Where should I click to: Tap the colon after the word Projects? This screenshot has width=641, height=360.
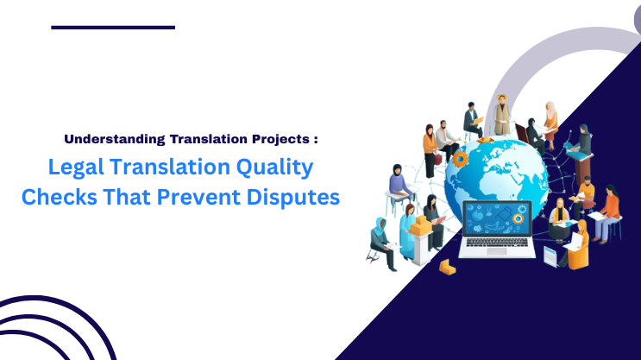[317, 139]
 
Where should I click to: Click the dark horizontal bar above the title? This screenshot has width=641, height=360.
[113, 28]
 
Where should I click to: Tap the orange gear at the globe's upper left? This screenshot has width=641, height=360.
[461, 159]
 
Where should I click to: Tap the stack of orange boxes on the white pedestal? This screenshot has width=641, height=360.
[421, 225]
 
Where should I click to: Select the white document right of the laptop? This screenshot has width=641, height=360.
[550, 256]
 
